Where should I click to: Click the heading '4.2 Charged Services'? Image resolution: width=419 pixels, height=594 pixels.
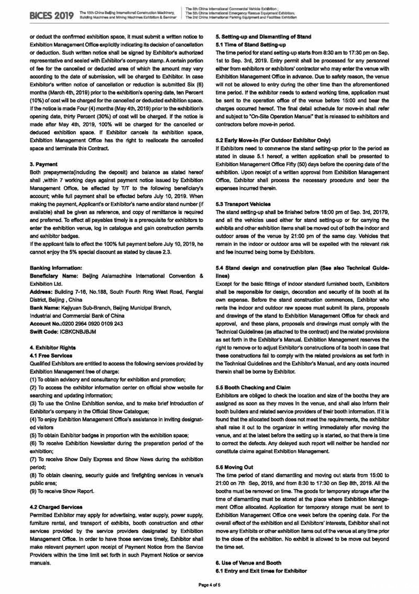pyautogui.click(x=57, y=507)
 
